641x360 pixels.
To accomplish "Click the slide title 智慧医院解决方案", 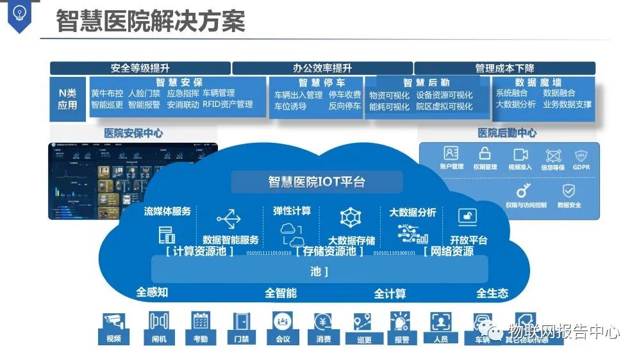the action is click(x=151, y=21).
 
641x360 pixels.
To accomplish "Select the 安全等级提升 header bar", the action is click(x=140, y=68).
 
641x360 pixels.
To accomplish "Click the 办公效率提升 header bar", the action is click(x=322, y=68).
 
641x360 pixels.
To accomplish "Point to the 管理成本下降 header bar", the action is click(x=504, y=68).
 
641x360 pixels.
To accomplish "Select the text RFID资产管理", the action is click(x=228, y=104).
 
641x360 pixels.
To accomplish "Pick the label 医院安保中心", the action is click(x=133, y=133).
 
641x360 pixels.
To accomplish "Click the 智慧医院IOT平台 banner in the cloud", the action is click(x=317, y=182).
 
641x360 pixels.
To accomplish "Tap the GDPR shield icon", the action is click(x=581, y=155).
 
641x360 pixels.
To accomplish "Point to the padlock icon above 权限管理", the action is click(x=485, y=154).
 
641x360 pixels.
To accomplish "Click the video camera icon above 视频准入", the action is click(x=520, y=154).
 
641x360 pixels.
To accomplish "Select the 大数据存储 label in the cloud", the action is click(x=351, y=241).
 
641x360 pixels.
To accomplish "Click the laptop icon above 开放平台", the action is click(x=469, y=218).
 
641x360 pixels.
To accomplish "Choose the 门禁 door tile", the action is click(x=242, y=328).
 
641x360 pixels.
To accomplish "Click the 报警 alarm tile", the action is click(x=402, y=328).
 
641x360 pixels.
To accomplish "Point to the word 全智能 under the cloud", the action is click(x=281, y=293).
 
